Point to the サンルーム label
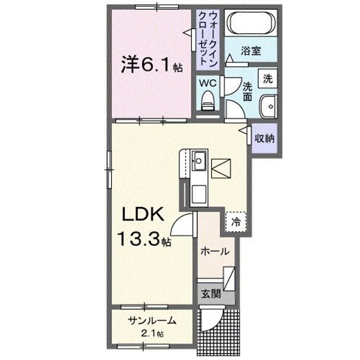click(150, 321)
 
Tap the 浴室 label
click(251, 51)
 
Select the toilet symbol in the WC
click(208, 101)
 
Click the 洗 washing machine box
click(267, 77)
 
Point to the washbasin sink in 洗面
click(269, 105)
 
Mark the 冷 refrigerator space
click(234, 221)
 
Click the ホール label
click(215, 252)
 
